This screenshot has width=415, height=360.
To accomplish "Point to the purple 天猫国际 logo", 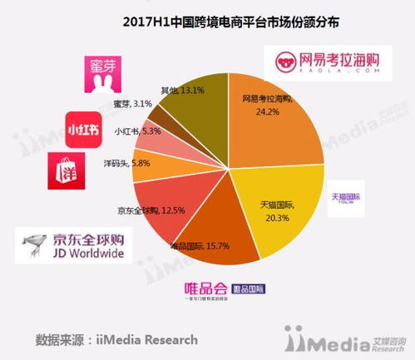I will [344, 199].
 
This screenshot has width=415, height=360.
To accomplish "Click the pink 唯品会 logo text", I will [207, 288].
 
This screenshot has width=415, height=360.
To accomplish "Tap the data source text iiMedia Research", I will [116, 339].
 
